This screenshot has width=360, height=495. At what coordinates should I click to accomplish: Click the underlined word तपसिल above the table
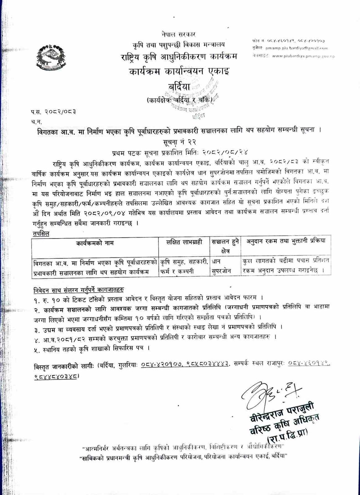(x=41, y=234)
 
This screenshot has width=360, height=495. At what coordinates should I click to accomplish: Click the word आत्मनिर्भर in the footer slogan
(x=97, y=447)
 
